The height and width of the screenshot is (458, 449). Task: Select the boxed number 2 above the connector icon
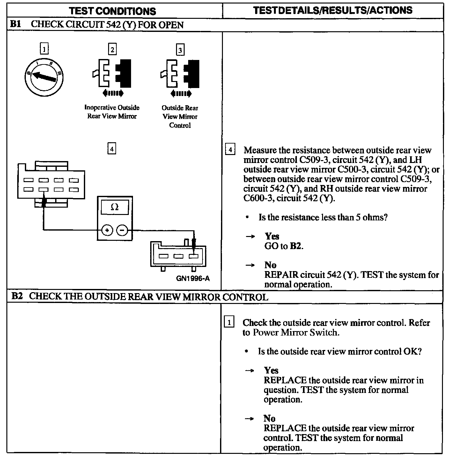click(112, 49)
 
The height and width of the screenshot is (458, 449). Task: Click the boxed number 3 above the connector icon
click(180, 50)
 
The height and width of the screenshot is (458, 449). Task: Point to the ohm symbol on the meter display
click(114, 207)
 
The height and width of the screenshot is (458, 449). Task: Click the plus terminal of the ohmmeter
click(107, 230)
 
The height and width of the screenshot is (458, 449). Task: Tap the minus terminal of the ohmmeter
click(122, 230)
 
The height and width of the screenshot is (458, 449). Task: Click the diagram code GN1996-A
click(193, 278)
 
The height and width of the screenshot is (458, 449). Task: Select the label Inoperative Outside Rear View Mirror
click(112, 112)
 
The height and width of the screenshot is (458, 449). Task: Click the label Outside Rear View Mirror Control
click(180, 117)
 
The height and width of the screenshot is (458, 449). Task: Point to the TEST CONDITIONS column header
click(113, 11)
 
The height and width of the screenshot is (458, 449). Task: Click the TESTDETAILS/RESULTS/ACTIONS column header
click(333, 10)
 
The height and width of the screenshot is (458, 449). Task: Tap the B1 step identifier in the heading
click(16, 24)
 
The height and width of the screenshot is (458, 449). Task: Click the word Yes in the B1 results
click(272, 236)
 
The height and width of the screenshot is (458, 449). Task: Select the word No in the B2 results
click(269, 418)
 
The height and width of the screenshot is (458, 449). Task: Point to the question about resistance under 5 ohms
click(323, 218)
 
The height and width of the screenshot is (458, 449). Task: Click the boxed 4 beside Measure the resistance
click(230, 150)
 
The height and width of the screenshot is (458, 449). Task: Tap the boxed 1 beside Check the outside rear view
click(229, 322)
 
